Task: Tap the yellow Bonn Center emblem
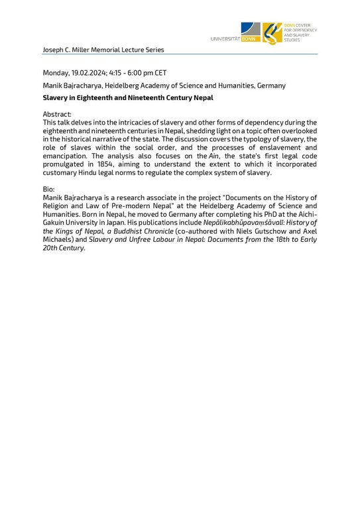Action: (x=272, y=32)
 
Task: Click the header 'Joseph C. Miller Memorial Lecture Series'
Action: (x=103, y=50)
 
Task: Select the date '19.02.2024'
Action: (x=95, y=73)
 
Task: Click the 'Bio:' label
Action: (x=48, y=189)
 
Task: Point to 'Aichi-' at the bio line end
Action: (x=306, y=214)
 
